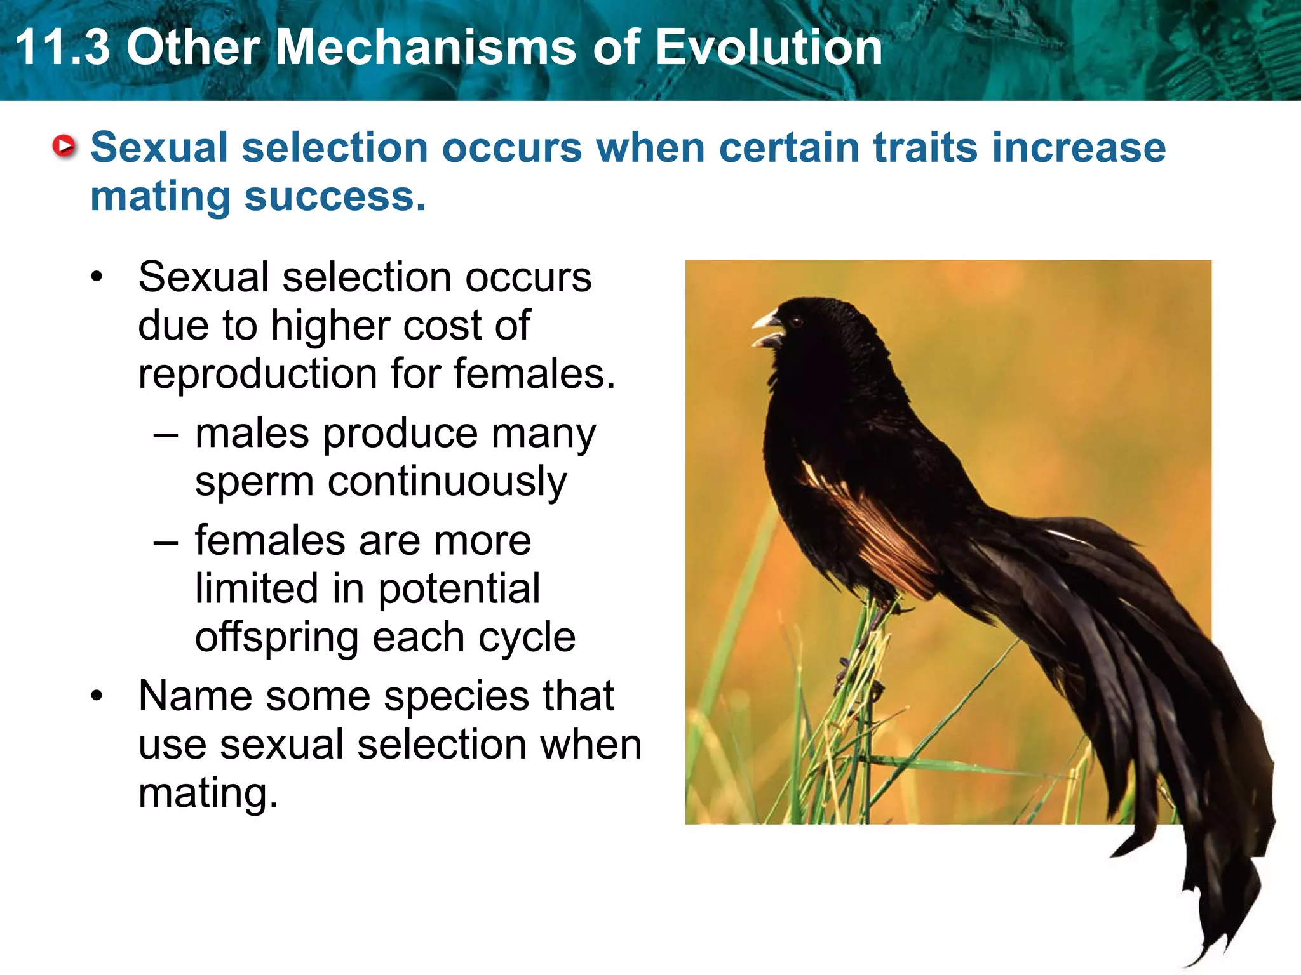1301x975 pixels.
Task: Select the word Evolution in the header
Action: click(769, 48)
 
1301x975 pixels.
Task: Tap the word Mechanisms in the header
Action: click(426, 48)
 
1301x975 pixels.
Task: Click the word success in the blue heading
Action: click(334, 197)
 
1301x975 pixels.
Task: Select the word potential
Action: click(459, 589)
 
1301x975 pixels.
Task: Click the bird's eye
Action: click(797, 322)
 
